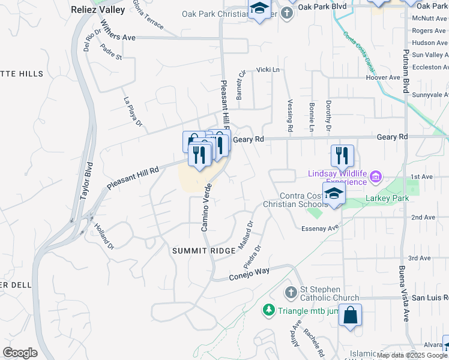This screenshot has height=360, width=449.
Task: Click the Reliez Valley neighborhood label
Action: click(x=98, y=10)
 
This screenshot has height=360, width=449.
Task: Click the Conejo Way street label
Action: click(x=249, y=274)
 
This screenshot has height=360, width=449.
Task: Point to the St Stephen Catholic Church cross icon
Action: click(x=290, y=293)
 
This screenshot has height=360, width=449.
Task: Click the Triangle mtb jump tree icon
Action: click(x=268, y=310)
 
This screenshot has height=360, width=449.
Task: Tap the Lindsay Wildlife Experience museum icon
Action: click(x=376, y=177)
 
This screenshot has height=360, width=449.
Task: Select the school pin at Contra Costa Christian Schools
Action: click(x=334, y=194)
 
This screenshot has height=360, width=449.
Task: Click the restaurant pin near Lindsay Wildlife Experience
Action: click(x=342, y=155)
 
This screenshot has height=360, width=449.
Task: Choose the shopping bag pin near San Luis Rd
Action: click(x=350, y=314)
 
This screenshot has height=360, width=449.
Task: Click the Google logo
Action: click(x=20, y=352)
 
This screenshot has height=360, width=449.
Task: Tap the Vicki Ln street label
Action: click(x=268, y=70)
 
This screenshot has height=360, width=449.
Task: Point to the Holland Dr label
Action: click(x=103, y=236)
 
